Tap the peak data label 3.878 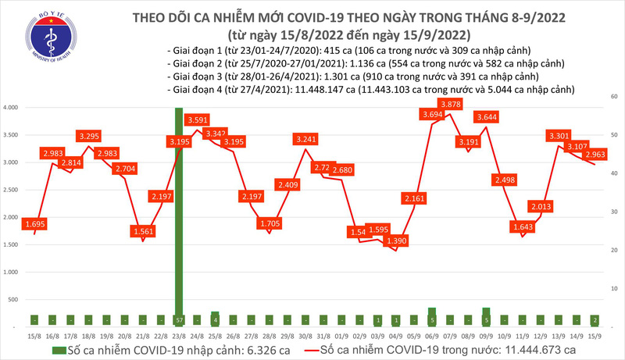(450, 104)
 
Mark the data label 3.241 (305, 140)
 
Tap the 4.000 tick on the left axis (10, 107)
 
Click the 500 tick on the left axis (12, 300)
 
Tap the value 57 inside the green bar (178, 320)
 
